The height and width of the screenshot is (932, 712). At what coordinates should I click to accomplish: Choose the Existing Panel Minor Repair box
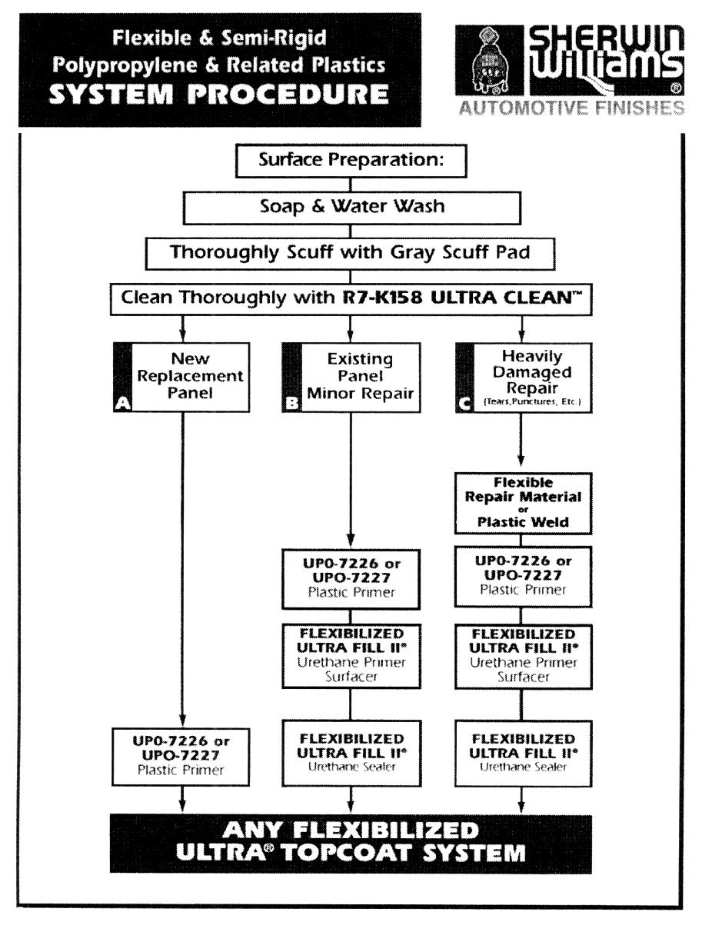[x=352, y=377]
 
